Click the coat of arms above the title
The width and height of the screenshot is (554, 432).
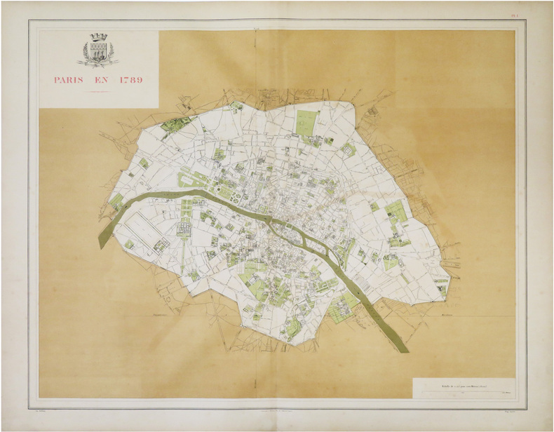tap(98, 50)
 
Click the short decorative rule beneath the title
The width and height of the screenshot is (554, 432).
tap(98, 92)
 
